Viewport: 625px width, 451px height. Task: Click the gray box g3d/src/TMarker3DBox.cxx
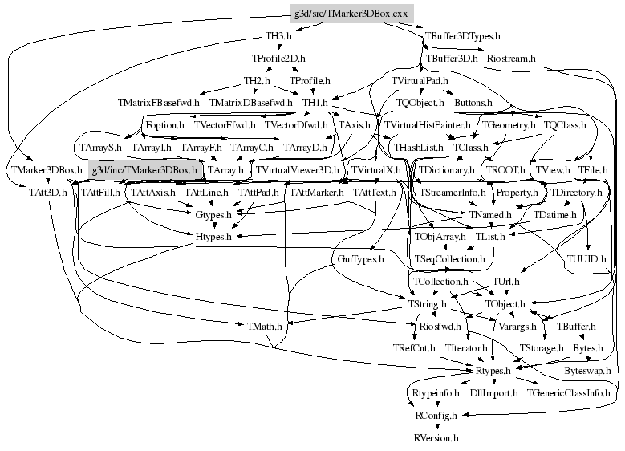click(x=351, y=14)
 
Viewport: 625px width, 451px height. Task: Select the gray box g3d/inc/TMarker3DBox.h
click(x=144, y=170)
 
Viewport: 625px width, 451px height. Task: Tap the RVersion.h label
click(x=436, y=438)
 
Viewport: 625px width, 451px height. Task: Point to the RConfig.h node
click(x=436, y=416)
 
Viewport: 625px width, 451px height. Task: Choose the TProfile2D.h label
click(x=278, y=59)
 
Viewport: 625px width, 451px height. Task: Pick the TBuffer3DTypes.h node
click(x=461, y=37)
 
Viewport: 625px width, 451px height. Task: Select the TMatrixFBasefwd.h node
click(x=160, y=104)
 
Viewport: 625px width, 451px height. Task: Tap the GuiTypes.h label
click(x=358, y=259)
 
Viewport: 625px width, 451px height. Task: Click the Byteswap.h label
click(x=587, y=371)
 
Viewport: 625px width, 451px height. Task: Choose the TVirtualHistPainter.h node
click(x=427, y=126)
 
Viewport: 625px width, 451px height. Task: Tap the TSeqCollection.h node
click(x=449, y=259)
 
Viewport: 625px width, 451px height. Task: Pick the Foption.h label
click(x=164, y=126)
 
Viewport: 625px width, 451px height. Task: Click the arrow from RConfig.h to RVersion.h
click(x=436, y=427)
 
